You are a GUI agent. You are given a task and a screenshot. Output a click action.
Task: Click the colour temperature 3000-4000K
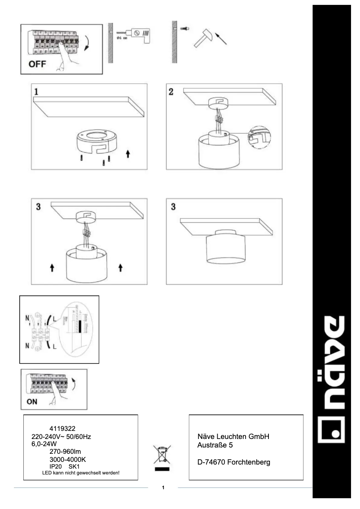67,460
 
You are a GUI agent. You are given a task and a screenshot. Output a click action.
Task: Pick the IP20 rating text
56,467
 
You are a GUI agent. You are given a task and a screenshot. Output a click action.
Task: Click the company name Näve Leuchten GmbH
233,436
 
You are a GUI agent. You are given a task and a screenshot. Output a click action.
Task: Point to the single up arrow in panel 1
128,154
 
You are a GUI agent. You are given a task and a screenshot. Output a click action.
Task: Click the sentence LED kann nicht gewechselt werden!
80,473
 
